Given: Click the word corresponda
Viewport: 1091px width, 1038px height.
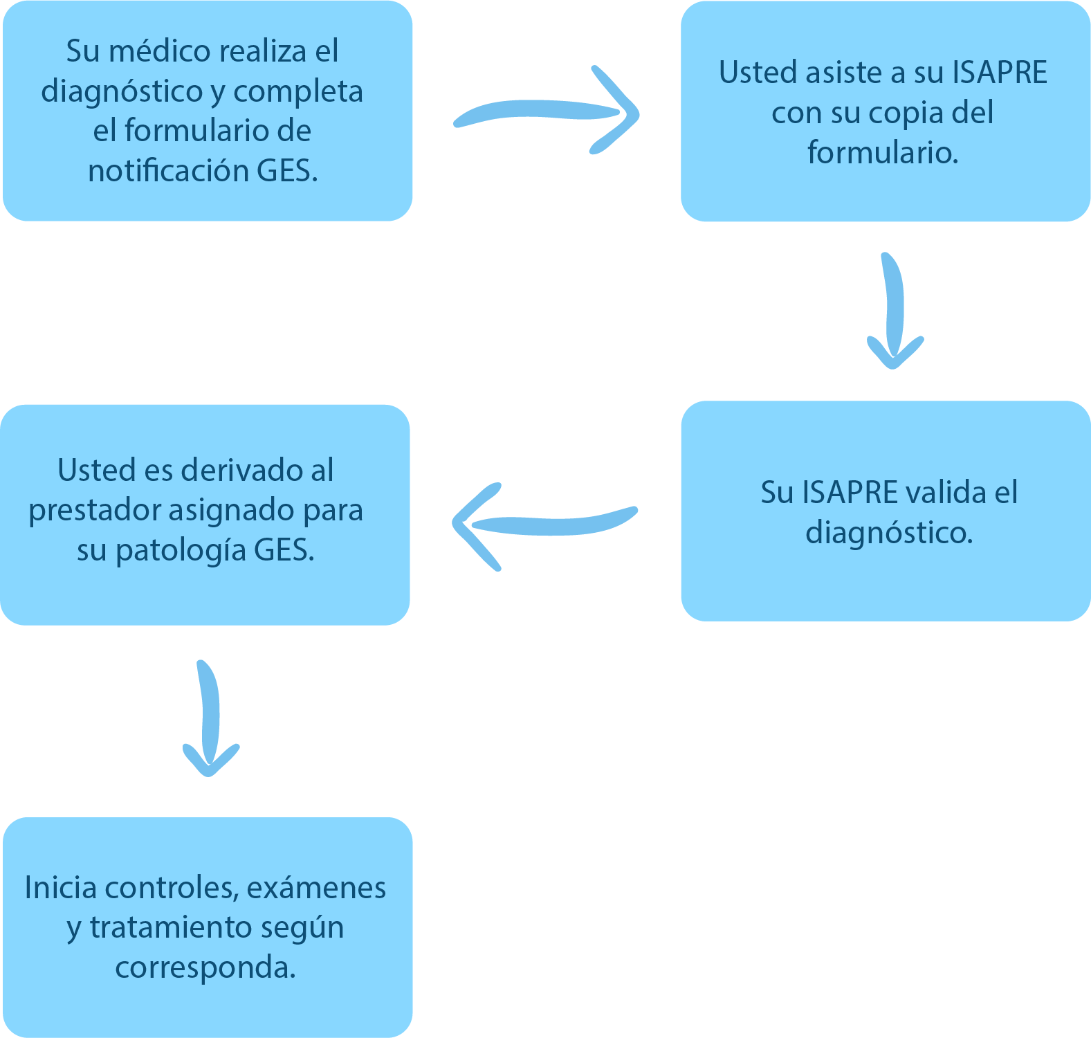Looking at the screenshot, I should [205, 967].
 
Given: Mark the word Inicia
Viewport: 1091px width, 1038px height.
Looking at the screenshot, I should [60, 888].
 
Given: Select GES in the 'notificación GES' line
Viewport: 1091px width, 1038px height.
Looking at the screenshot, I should [286, 171].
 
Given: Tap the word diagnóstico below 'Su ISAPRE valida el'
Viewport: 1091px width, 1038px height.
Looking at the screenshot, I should [889, 533].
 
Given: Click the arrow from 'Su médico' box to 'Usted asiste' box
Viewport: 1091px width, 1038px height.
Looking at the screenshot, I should [547, 112].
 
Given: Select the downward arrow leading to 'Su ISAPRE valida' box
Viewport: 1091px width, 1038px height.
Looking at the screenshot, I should [894, 311].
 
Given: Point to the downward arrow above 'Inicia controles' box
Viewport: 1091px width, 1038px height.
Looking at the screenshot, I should [210, 720].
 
